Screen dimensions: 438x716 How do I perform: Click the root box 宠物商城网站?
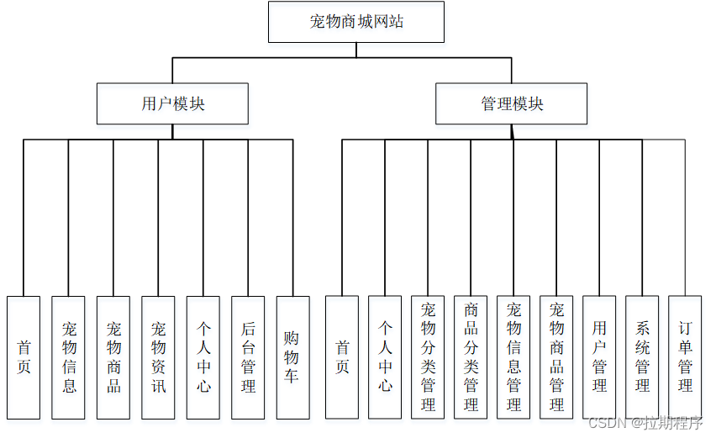(356, 22)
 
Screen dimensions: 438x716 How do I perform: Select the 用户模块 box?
(172, 103)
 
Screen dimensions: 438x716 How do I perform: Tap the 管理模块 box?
(512, 103)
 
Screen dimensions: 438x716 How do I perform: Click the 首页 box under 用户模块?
(24, 357)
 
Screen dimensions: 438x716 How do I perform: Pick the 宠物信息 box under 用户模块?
(69, 357)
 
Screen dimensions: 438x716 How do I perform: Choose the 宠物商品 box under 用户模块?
(113, 357)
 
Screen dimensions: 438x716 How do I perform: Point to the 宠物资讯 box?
(159, 357)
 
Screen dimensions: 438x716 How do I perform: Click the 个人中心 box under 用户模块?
(203, 357)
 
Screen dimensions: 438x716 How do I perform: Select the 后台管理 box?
(249, 357)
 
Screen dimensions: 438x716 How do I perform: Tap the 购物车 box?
(293, 357)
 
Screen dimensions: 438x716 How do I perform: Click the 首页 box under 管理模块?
(342, 357)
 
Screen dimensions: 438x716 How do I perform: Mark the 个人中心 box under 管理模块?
(385, 357)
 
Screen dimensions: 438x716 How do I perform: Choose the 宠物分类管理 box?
(428, 357)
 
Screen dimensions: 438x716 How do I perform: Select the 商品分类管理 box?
(471, 357)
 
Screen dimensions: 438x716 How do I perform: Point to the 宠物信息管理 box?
(513, 357)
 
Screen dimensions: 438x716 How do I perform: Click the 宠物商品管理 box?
(556, 357)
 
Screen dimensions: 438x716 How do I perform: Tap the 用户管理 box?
(599, 357)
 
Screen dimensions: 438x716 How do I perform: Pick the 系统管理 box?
(642, 357)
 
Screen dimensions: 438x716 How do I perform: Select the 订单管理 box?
(685, 357)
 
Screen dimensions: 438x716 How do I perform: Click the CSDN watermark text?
(645, 422)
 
